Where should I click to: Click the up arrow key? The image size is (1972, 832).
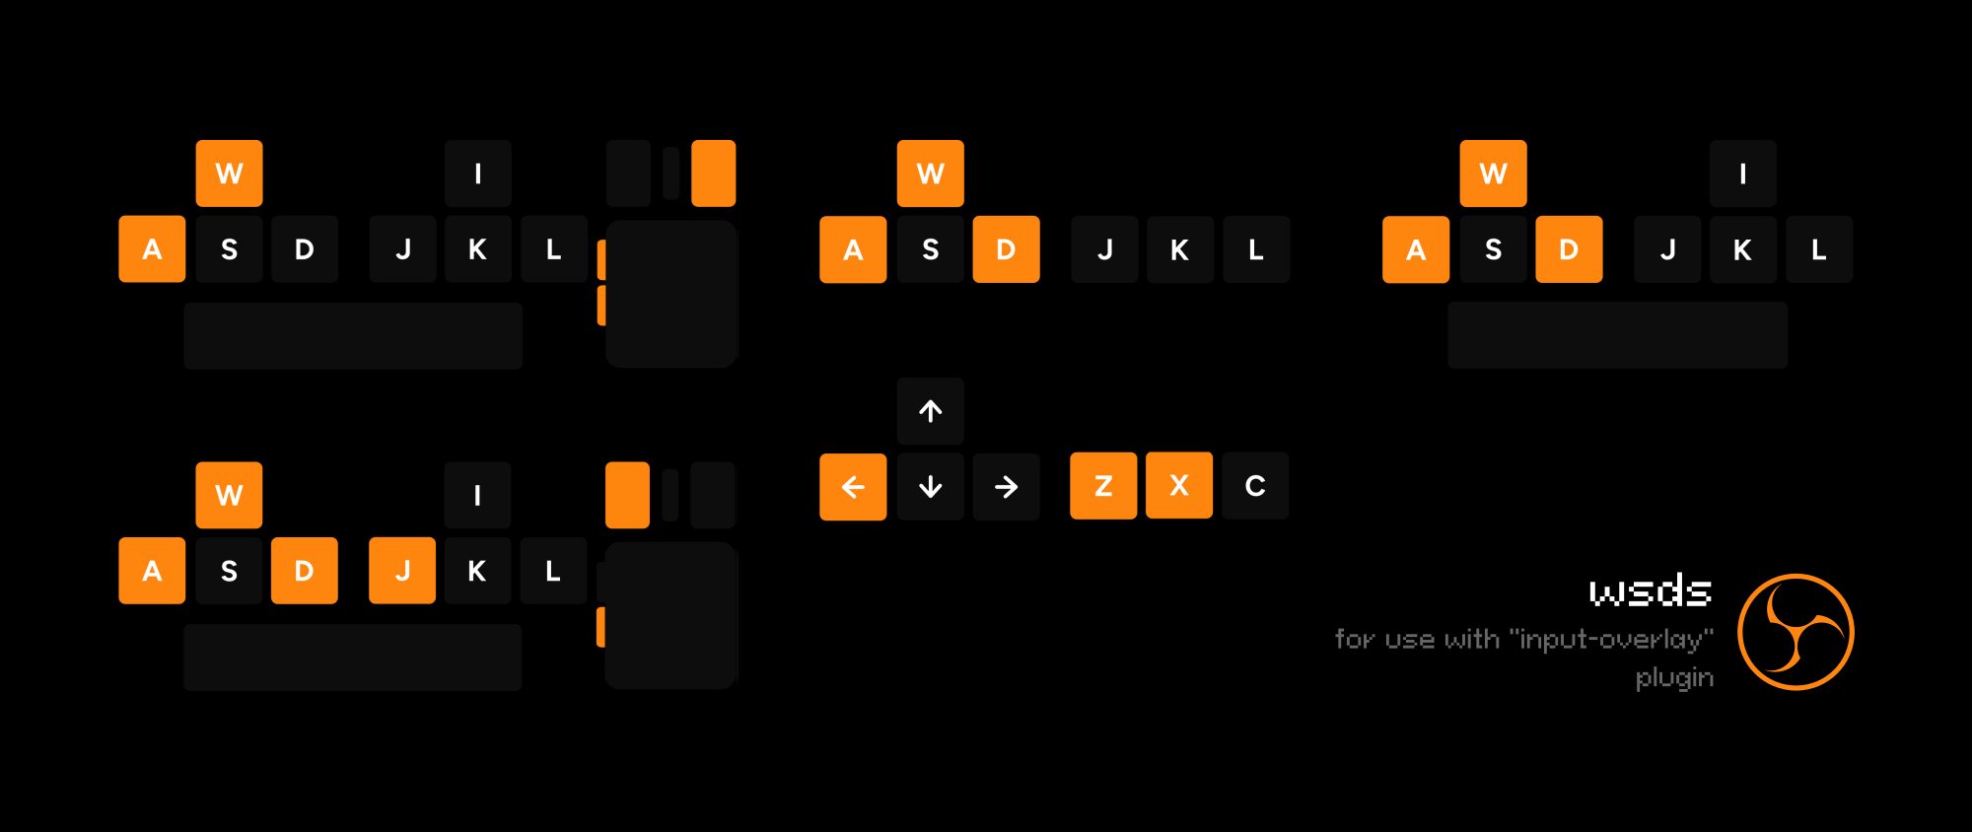[930, 411]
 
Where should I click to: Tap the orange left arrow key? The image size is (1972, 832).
[853, 487]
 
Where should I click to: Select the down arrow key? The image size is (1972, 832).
[930, 487]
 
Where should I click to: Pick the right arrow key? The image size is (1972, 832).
[1006, 487]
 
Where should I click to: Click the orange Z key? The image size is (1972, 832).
[1103, 486]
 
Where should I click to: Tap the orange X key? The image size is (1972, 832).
[1179, 486]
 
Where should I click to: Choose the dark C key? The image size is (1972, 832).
[1255, 486]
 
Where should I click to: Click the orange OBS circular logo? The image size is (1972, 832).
[1796, 632]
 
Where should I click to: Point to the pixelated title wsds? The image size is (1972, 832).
[1650, 591]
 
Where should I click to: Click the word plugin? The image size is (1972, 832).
[1674, 678]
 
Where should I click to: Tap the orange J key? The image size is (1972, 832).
[402, 571]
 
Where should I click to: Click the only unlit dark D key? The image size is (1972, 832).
[305, 249]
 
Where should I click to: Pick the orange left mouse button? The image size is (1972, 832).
[627, 495]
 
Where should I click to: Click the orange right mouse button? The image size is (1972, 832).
[714, 173]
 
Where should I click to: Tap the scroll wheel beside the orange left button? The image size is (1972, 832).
[670, 495]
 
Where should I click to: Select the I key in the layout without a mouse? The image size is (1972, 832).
[1742, 173]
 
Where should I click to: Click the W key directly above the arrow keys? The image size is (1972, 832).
[930, 173]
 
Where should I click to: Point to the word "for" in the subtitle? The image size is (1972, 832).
[1355, 639]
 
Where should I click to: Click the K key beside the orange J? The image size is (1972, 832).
[477, 571]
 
